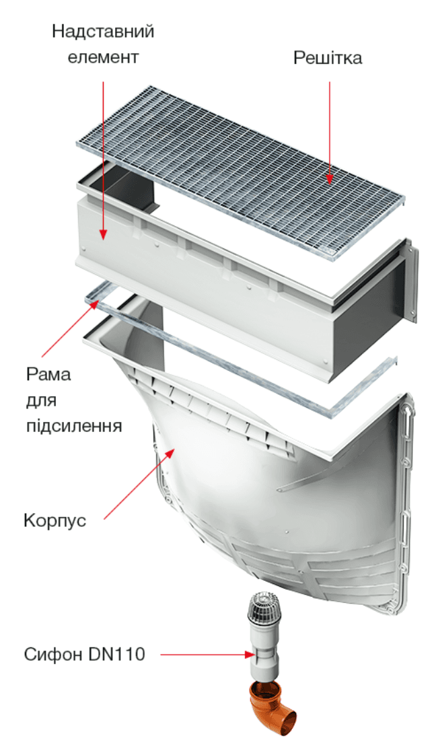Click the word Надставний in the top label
(x=103, y=32)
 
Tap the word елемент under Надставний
(x=103, y=57)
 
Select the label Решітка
(x=328, y=58)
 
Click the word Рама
(x=48, y=374)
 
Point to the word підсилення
(x=74, y=426)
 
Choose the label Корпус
(x=55, y=520)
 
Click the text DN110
(x=116, y=654)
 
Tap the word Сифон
(x=54, y=654)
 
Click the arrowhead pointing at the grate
(x=329, y=178)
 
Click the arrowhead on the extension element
(x=102, y=233)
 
